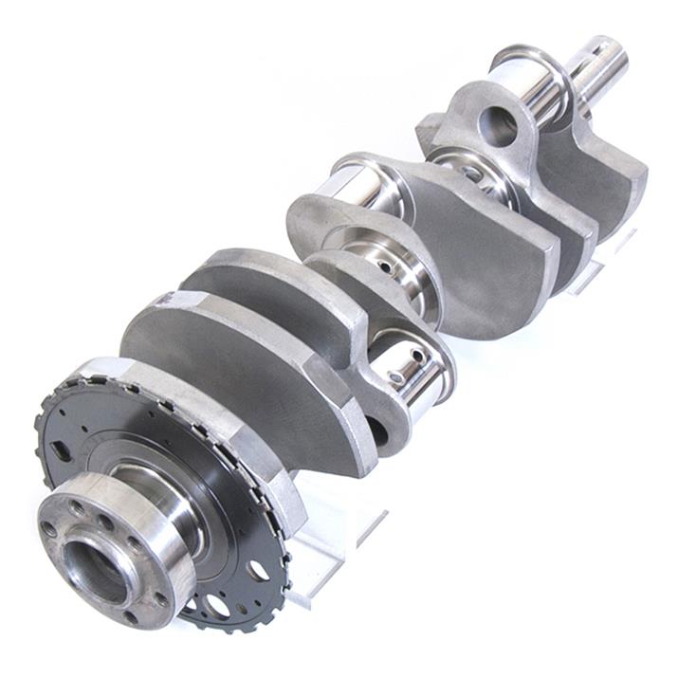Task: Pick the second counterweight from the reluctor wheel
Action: tap(256, 284)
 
